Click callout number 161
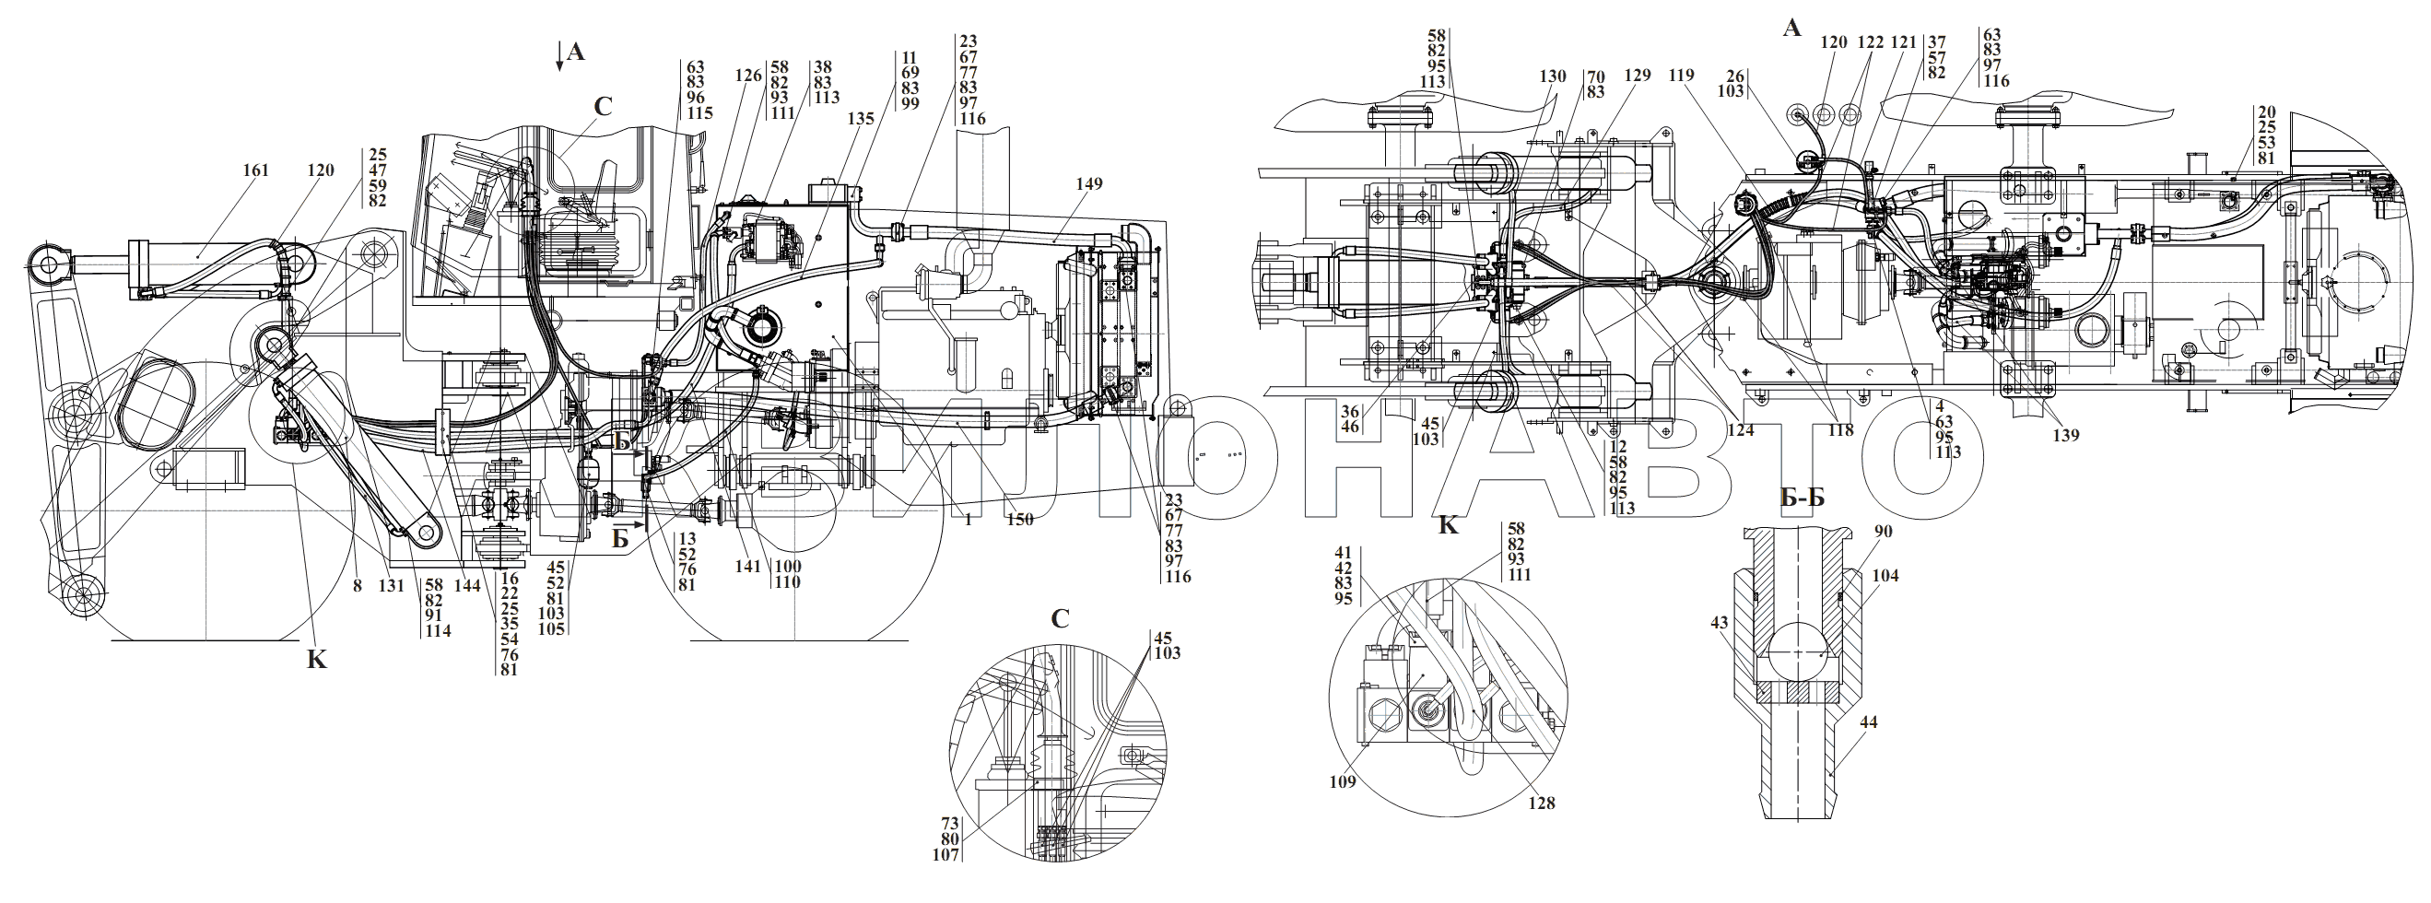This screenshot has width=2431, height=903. coord(256,170)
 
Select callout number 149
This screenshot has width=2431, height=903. coord(1088,183)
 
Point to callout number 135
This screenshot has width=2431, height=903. coord(861,119)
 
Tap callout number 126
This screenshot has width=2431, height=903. coord(748,75)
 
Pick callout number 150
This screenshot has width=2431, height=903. coord(1019,519)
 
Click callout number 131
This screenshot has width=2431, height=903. coord(392,585)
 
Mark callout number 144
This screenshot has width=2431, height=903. coord(467,585)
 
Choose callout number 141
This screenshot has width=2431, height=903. coord(747,566)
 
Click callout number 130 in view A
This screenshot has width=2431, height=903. coord(1553,76)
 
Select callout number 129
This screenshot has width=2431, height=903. coord(1638,75)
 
